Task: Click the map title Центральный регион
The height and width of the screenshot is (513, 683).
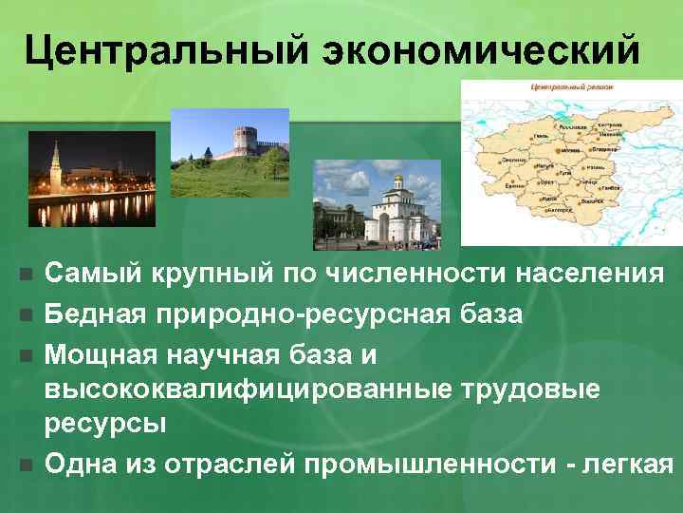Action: [x=572, y=87]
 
